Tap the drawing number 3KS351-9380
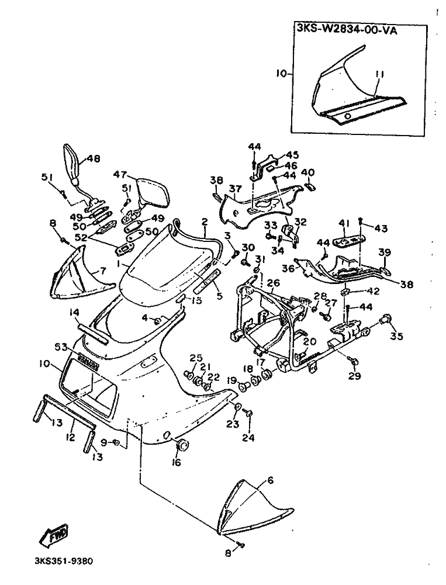(x=59, y=560)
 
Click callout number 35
(x=397, y=337)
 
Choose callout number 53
(x=61, y=347)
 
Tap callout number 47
(x=120, y=174)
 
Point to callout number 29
(x=354, y=377)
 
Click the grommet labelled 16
(x=182, y=446)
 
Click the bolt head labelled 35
(x=385, y=319)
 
